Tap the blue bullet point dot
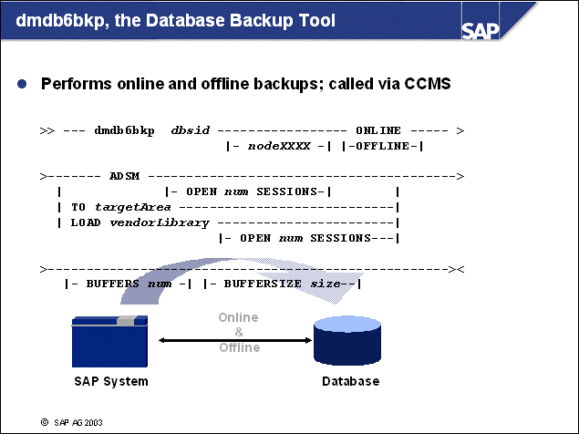coord(22,83)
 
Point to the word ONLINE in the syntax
coord(379,130)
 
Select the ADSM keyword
coord(124,175)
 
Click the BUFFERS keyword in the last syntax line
coord(116,284)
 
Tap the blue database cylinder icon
coord(350,341)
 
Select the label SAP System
coord(110,382)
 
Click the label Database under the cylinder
coord(350,382)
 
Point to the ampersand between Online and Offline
coord(239,333)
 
